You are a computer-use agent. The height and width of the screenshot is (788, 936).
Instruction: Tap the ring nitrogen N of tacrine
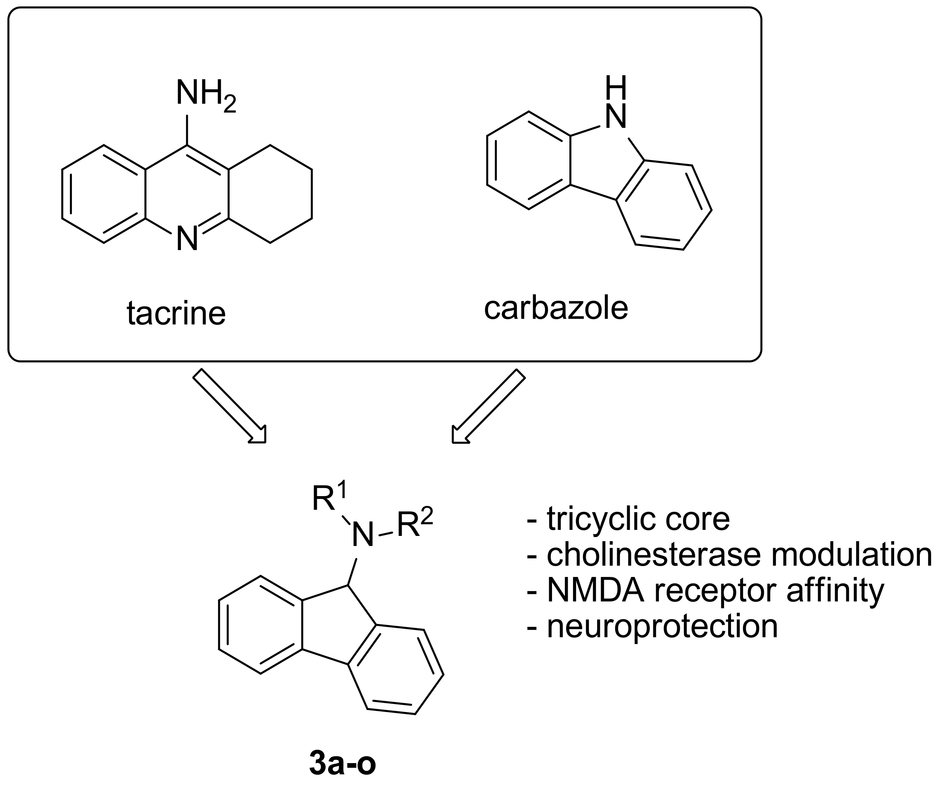click(x=187, y=238)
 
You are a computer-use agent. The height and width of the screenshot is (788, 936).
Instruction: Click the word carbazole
click(x=556, y=308)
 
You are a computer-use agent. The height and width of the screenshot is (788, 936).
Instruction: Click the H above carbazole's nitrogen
click(x=615, y=87)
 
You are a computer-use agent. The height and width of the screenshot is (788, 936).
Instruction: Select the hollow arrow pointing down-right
click(x=230, y=406)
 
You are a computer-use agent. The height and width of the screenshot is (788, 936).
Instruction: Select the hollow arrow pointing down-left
click(x=489, y=406)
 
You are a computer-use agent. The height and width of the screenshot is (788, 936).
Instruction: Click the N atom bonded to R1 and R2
click(x=362, y=535)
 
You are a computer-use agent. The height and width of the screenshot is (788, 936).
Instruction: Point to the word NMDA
click(x=595, y=591)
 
